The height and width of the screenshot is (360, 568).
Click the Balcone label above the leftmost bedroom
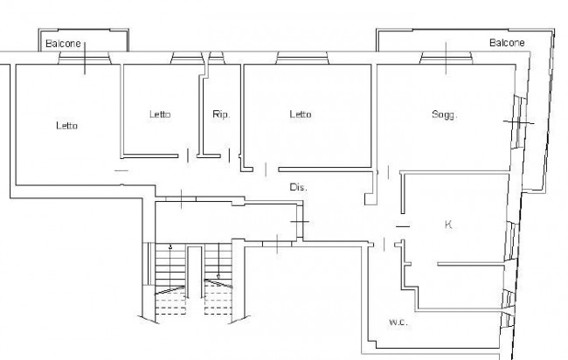click(x=63, y=44)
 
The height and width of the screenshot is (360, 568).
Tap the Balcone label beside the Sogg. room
click(x=507, y=43)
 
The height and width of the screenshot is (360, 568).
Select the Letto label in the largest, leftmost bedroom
click(x=67, y=126)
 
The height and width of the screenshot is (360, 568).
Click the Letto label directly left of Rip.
click(x=160, y=114)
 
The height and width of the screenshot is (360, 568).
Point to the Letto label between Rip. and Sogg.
click(x=301, y=114)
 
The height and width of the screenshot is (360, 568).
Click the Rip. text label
click(x=221, y=114)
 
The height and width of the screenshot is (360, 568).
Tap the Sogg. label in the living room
click(x=445, y=114)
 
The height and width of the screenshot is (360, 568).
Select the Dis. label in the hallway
click(x=298, y=187)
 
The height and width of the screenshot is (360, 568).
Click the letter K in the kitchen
click(x=448, y=225)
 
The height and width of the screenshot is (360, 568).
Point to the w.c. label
click(x=398, y=322)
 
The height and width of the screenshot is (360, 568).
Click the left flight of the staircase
click(x=170, y=279)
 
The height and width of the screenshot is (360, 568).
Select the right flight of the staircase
click(x=218, y=279)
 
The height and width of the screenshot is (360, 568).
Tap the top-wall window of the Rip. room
click(x=217, y=58)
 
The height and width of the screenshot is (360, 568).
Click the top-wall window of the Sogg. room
click(x=446, y=58)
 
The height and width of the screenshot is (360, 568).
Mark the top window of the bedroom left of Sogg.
click(x=302, y=58)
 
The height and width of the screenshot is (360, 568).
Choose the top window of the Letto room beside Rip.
click(x=187, y=58)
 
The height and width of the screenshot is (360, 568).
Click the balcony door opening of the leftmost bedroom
click(x=84, y=58)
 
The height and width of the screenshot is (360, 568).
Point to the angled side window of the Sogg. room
click(x=519, y=122)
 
